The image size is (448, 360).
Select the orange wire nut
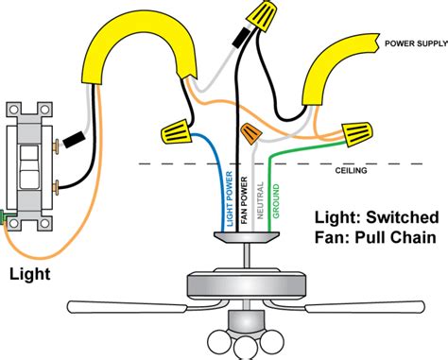[250, 132]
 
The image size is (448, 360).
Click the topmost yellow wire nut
[259, 15]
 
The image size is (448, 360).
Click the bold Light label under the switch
[30, 276]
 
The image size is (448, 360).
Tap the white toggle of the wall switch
[27, 167]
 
